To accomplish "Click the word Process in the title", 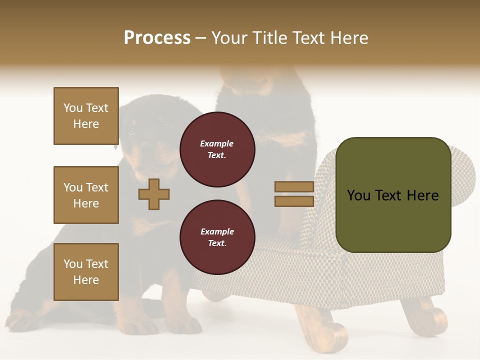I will (x=157, y=38).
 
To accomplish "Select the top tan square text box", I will (x=86, y=116).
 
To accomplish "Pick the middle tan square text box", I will (x=86, y=195).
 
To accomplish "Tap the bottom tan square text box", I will (x=86, y=272).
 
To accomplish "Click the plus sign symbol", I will (x=154, y=194).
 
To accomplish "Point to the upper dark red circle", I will (x=217, y=149).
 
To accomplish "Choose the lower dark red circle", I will (x=217, y=237).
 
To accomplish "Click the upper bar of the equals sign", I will (x=294, y=186).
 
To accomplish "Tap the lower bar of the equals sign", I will (x=294, y=201).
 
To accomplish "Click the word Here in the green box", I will (x=422, y=195).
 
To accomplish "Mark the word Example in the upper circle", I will (x=216, y=143).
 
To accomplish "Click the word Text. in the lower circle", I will (x=217, y=243).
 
